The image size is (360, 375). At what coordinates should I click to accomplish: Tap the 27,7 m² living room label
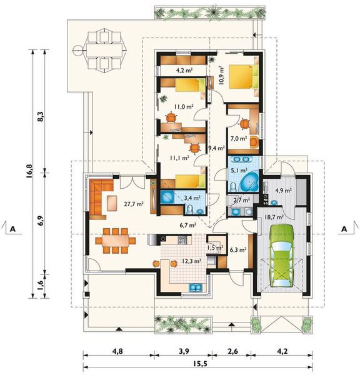(134, 204)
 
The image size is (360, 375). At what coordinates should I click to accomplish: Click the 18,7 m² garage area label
(274, 217)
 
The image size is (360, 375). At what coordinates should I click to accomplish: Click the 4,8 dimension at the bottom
(117, 351)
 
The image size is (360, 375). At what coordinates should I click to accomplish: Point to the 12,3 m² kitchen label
(191, 261)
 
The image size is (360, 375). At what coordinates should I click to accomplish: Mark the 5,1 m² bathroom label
(239, 171)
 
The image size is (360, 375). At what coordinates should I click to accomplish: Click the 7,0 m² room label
(239, 138)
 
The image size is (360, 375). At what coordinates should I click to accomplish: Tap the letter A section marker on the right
(344, 229)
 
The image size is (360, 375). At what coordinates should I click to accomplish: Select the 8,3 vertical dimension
(41, 117)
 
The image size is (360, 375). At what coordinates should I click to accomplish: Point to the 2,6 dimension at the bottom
(232, 351)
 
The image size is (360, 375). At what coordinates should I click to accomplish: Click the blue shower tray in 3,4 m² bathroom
(169, 197)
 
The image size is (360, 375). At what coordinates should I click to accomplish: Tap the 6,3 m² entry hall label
(238, 249)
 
